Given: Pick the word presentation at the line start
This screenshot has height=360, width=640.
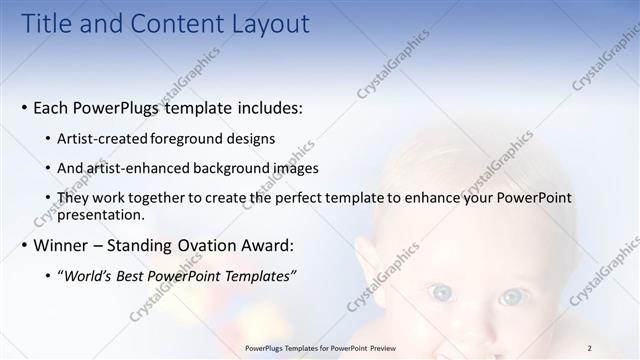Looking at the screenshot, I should tap(101, 214).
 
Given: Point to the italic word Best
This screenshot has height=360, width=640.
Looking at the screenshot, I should tap(136, 275).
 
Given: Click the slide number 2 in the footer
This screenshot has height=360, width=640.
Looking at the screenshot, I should tap(590, 348).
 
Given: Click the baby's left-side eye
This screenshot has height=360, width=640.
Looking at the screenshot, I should tap(440, 293).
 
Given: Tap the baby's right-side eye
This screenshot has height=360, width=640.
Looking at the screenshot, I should tap(512, 297).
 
